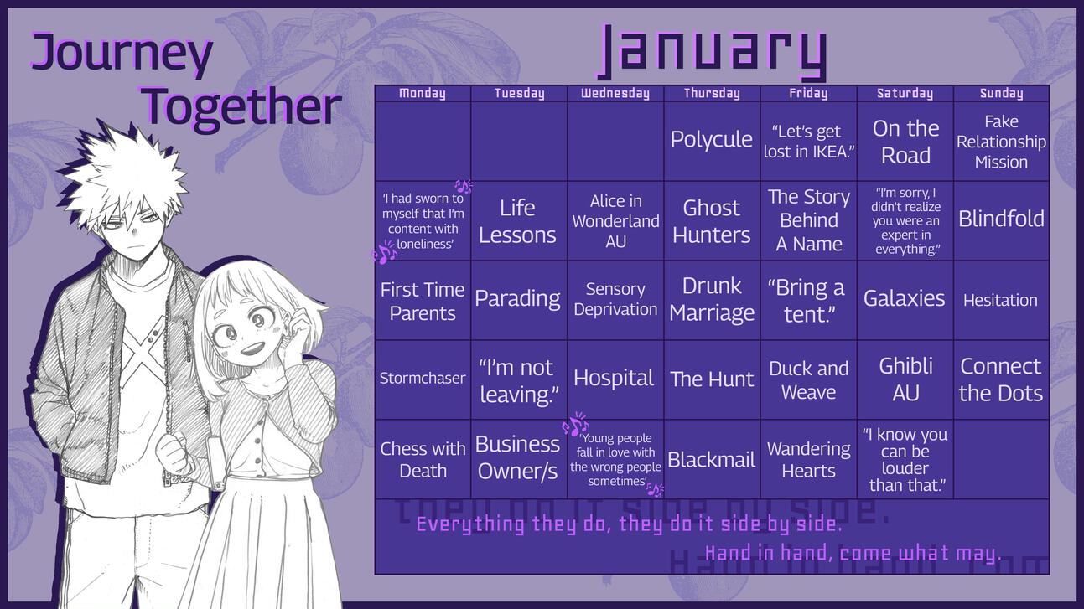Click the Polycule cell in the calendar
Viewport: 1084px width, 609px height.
pyautogui.click(x=711, y=140)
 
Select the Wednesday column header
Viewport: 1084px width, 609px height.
pyautogui.click(x=615, y=94)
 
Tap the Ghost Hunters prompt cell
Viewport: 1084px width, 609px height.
pyautogui.click(x=711, y=221)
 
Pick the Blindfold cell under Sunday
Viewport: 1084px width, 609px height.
pyautogui.click(x=1001, y=219)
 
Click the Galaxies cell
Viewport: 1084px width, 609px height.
pyautogui.click(x=905, y=299)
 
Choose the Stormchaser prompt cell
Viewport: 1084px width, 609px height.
pyautogui.click(x=423, y=379)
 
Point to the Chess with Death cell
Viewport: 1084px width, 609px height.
pyautogui.click(x=423, y=459)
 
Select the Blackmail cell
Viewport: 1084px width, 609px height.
pyautogui.click(x=711, y=459)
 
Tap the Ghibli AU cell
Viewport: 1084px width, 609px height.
pyautogui.click(x=905, y=379)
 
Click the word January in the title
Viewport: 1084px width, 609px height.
pyautogui.click(x=713, y=52)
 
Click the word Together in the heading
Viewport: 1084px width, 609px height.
pyautogui.click(x=241, y=106)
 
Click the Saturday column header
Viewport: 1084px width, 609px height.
pyautogui.click(x=905, y=94)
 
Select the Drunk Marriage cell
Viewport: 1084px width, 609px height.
pyautogui.click(x=711, y=299)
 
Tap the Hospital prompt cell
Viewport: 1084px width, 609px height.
pyautogui.click(x=615, y=379)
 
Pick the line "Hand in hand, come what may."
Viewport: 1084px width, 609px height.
pyautogui.click(x=853, y=554)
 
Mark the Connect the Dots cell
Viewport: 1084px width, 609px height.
pyautogui.click(x=1001, y=379)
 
